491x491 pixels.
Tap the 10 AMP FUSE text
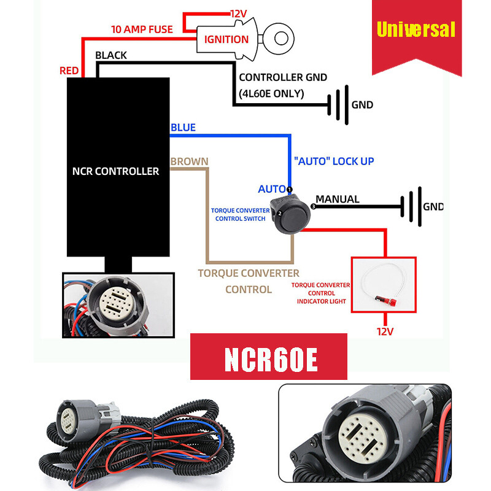click(142, 29)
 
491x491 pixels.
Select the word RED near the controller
click(69, 71)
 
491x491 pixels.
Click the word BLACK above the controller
click(111, 55)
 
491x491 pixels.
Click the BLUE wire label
click(184, 128)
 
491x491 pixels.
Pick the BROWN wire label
click(189, 161)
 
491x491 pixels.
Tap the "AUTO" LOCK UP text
click(334, 161)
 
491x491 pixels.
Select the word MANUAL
click(337, 199)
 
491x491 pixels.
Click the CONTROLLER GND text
click(283, 77)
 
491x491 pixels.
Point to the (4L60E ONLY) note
click(271, 93)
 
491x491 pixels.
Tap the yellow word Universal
click(416, 29)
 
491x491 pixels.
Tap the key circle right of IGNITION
click(281, 38)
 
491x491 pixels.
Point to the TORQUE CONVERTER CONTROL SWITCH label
click(240, 214)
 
